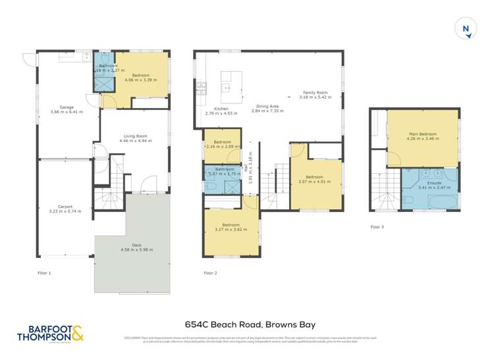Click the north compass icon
466,28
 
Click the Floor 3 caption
376,227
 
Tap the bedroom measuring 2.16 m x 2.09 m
222,144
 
